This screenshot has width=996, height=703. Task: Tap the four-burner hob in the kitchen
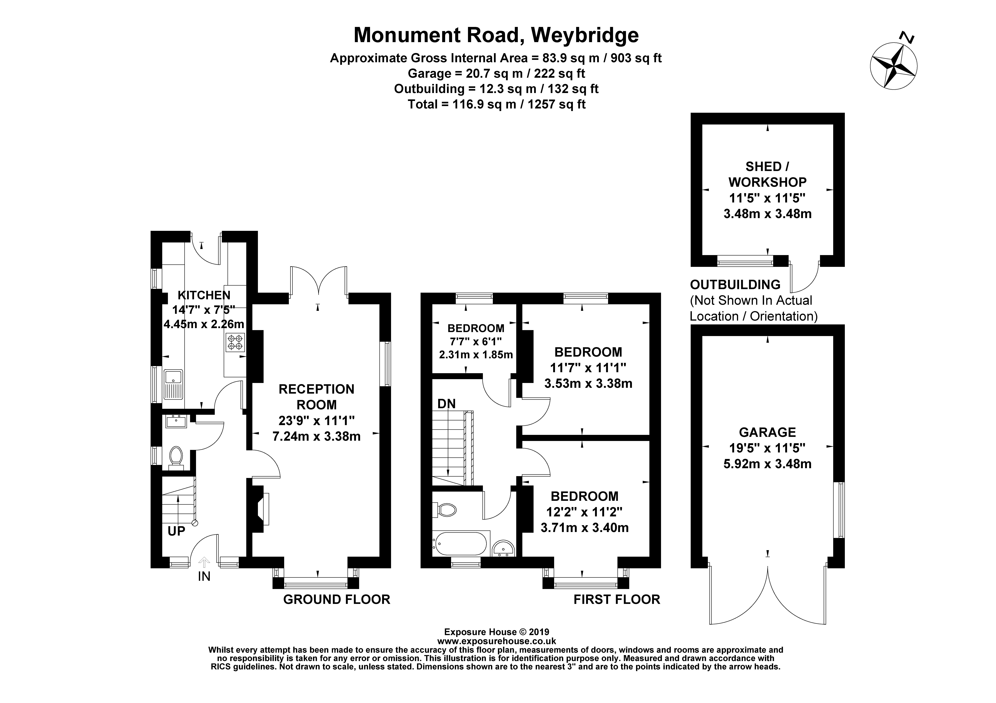point(235,342)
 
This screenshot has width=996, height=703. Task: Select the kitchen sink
point(173,384)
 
